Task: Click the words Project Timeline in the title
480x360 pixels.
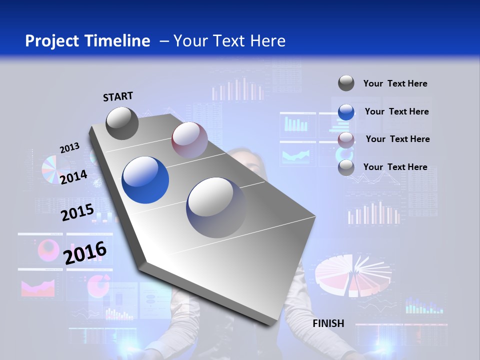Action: coord(87,41)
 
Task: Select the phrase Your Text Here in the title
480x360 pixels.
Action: coord(229,41)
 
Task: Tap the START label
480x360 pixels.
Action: coord(118,96)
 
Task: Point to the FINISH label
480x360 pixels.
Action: coord(328,323)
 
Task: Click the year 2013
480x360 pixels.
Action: coord(69,148)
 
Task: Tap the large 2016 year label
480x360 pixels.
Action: coord(85,252)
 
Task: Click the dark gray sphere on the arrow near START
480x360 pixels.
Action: coord(122,123)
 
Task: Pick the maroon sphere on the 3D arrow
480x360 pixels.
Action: coord(189,140)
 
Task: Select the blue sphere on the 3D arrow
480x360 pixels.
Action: coord(145,180)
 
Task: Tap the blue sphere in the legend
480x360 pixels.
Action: coord(346,112)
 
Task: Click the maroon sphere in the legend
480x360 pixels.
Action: coord(346,139)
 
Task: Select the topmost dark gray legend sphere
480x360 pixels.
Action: coord(346,83)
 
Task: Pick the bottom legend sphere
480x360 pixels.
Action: coord(346,167)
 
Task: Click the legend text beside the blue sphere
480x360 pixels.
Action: coord(396,111)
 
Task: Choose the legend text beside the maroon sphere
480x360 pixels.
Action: coord(397,139)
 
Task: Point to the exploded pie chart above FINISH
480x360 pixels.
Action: coord(353,274)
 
